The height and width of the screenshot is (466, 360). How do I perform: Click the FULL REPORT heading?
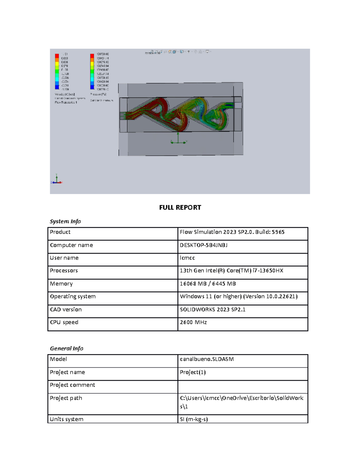pos(180,207)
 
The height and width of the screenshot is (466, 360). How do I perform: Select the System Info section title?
pos(65,221)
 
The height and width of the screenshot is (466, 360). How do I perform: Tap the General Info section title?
pos(66,348)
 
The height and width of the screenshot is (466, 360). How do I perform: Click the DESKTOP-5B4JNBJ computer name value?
pos(203,245)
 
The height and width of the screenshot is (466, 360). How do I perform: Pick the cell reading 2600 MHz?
pos(193,322)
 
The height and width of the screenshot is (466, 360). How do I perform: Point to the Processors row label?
pos(64,271)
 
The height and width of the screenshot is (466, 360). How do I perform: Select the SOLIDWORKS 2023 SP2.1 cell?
pos(212,309)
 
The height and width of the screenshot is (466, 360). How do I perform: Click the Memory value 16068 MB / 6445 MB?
pos(208,284)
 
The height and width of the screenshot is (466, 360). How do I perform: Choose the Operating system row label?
pos(73,296)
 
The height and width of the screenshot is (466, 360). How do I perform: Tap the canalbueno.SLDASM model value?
pos(207,359)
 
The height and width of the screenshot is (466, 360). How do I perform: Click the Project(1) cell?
pos(193,372)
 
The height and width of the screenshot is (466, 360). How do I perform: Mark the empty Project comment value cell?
pos(242,386)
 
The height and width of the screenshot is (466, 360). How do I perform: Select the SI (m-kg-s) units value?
pos(193,419)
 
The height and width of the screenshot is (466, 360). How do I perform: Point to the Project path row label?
pos(66,398)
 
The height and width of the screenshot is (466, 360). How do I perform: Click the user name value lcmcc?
pos(187,258)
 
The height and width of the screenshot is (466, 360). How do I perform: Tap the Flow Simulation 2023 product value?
pos(232,232)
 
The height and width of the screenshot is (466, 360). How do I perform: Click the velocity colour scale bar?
pos(57,71)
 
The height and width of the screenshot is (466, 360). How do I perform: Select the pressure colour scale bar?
pos(92,71)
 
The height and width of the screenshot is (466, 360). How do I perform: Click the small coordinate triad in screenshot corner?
pos(56,179)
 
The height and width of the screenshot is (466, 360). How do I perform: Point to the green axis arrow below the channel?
pos(178,138)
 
